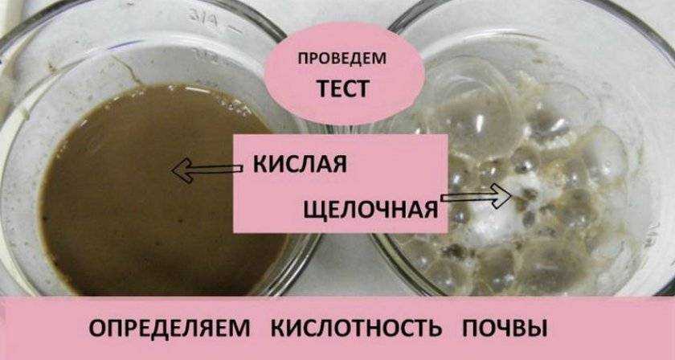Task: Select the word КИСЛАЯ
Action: pyautogui.click(x=299, y=164)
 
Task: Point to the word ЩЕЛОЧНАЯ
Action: pyautogui.click(x=370, y=209)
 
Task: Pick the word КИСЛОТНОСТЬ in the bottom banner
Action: pyautogui.click(x=356, y=329)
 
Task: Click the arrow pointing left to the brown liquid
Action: pyautogui.click(x=207, y=169)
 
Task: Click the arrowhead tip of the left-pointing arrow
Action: pyautogui.click(x=174, y=170)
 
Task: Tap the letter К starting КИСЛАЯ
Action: pyautogui.click(x=261, y=164)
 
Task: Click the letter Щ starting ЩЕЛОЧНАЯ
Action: pyautogui.click(x=314, y=209)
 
